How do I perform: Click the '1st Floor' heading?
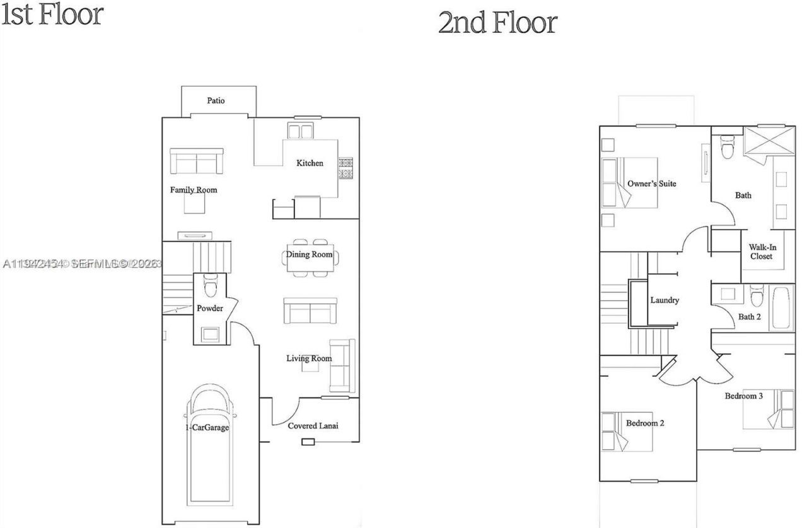(x=52, y=14)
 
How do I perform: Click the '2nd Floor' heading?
(x=497, y=23)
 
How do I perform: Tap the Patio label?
(x=216, y=101)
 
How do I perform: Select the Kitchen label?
(x=310, y=163)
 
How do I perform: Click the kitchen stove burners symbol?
(x=345, y=168)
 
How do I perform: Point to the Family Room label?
(x=194, y=190)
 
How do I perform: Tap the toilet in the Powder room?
(x=211, y=287)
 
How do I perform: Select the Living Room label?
(x=309, y=358)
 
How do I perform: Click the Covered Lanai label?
(x=313, y=426)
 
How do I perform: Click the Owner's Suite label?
(x=651, y=184)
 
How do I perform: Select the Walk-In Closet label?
(x=762, y=252)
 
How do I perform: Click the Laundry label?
(x=665, y=300)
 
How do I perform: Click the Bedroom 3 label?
(x=743, y=396)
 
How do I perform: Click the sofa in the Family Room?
(x=196, y=162)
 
